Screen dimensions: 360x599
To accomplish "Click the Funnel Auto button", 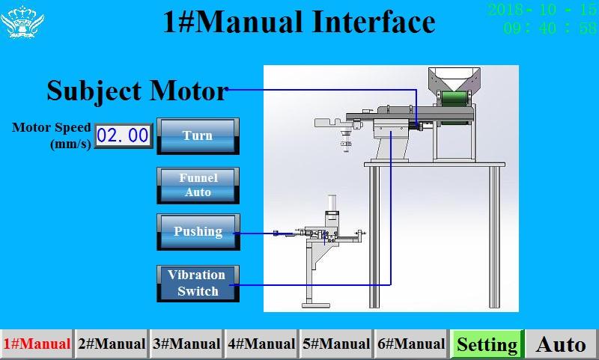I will [x=198, y=185].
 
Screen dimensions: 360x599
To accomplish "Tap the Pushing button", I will [x=198, y=231].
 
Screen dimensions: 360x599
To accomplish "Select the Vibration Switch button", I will [x=198, y=283].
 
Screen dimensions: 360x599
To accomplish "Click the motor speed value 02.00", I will [x=124, y=135].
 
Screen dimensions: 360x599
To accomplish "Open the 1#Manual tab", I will [x=37, y=344].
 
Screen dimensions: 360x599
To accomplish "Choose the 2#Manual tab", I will [x=112, y=344].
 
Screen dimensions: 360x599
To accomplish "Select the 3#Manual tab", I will [x=186, y=344].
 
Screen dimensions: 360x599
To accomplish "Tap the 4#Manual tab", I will [x=261, y=344].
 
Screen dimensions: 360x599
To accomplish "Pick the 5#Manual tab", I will [x=336, y=344].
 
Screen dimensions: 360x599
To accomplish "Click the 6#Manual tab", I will [x=411, y=344].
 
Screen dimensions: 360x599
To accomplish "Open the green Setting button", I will [x=487, y=344].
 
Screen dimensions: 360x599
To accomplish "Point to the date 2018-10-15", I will [x=541, y=10].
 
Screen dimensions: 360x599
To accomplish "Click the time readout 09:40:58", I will [x=550, y=28].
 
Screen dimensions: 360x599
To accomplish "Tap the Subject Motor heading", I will [x=136, y=91].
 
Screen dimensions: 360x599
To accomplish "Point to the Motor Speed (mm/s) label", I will [x=52, y=135].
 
